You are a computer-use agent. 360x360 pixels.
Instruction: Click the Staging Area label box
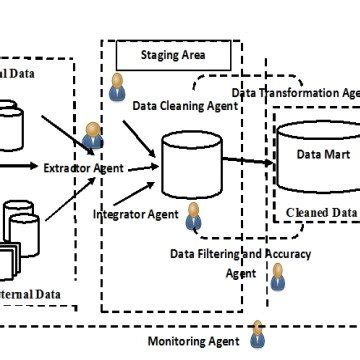click(x=173, y=56)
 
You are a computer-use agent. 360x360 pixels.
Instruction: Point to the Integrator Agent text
click(x=135, y=214)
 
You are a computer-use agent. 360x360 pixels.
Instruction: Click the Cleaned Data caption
click(x=322, y=213)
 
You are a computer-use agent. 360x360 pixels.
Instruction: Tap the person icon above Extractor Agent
click(x=94, y=134)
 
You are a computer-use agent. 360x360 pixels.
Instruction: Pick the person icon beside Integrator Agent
click(x=193, y=214)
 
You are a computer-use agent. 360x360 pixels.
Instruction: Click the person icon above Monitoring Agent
click(x=257, y=333)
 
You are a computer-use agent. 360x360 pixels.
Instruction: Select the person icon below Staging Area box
click(x=119, y=85)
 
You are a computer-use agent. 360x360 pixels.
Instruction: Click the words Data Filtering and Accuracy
click(x=240, y=254)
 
